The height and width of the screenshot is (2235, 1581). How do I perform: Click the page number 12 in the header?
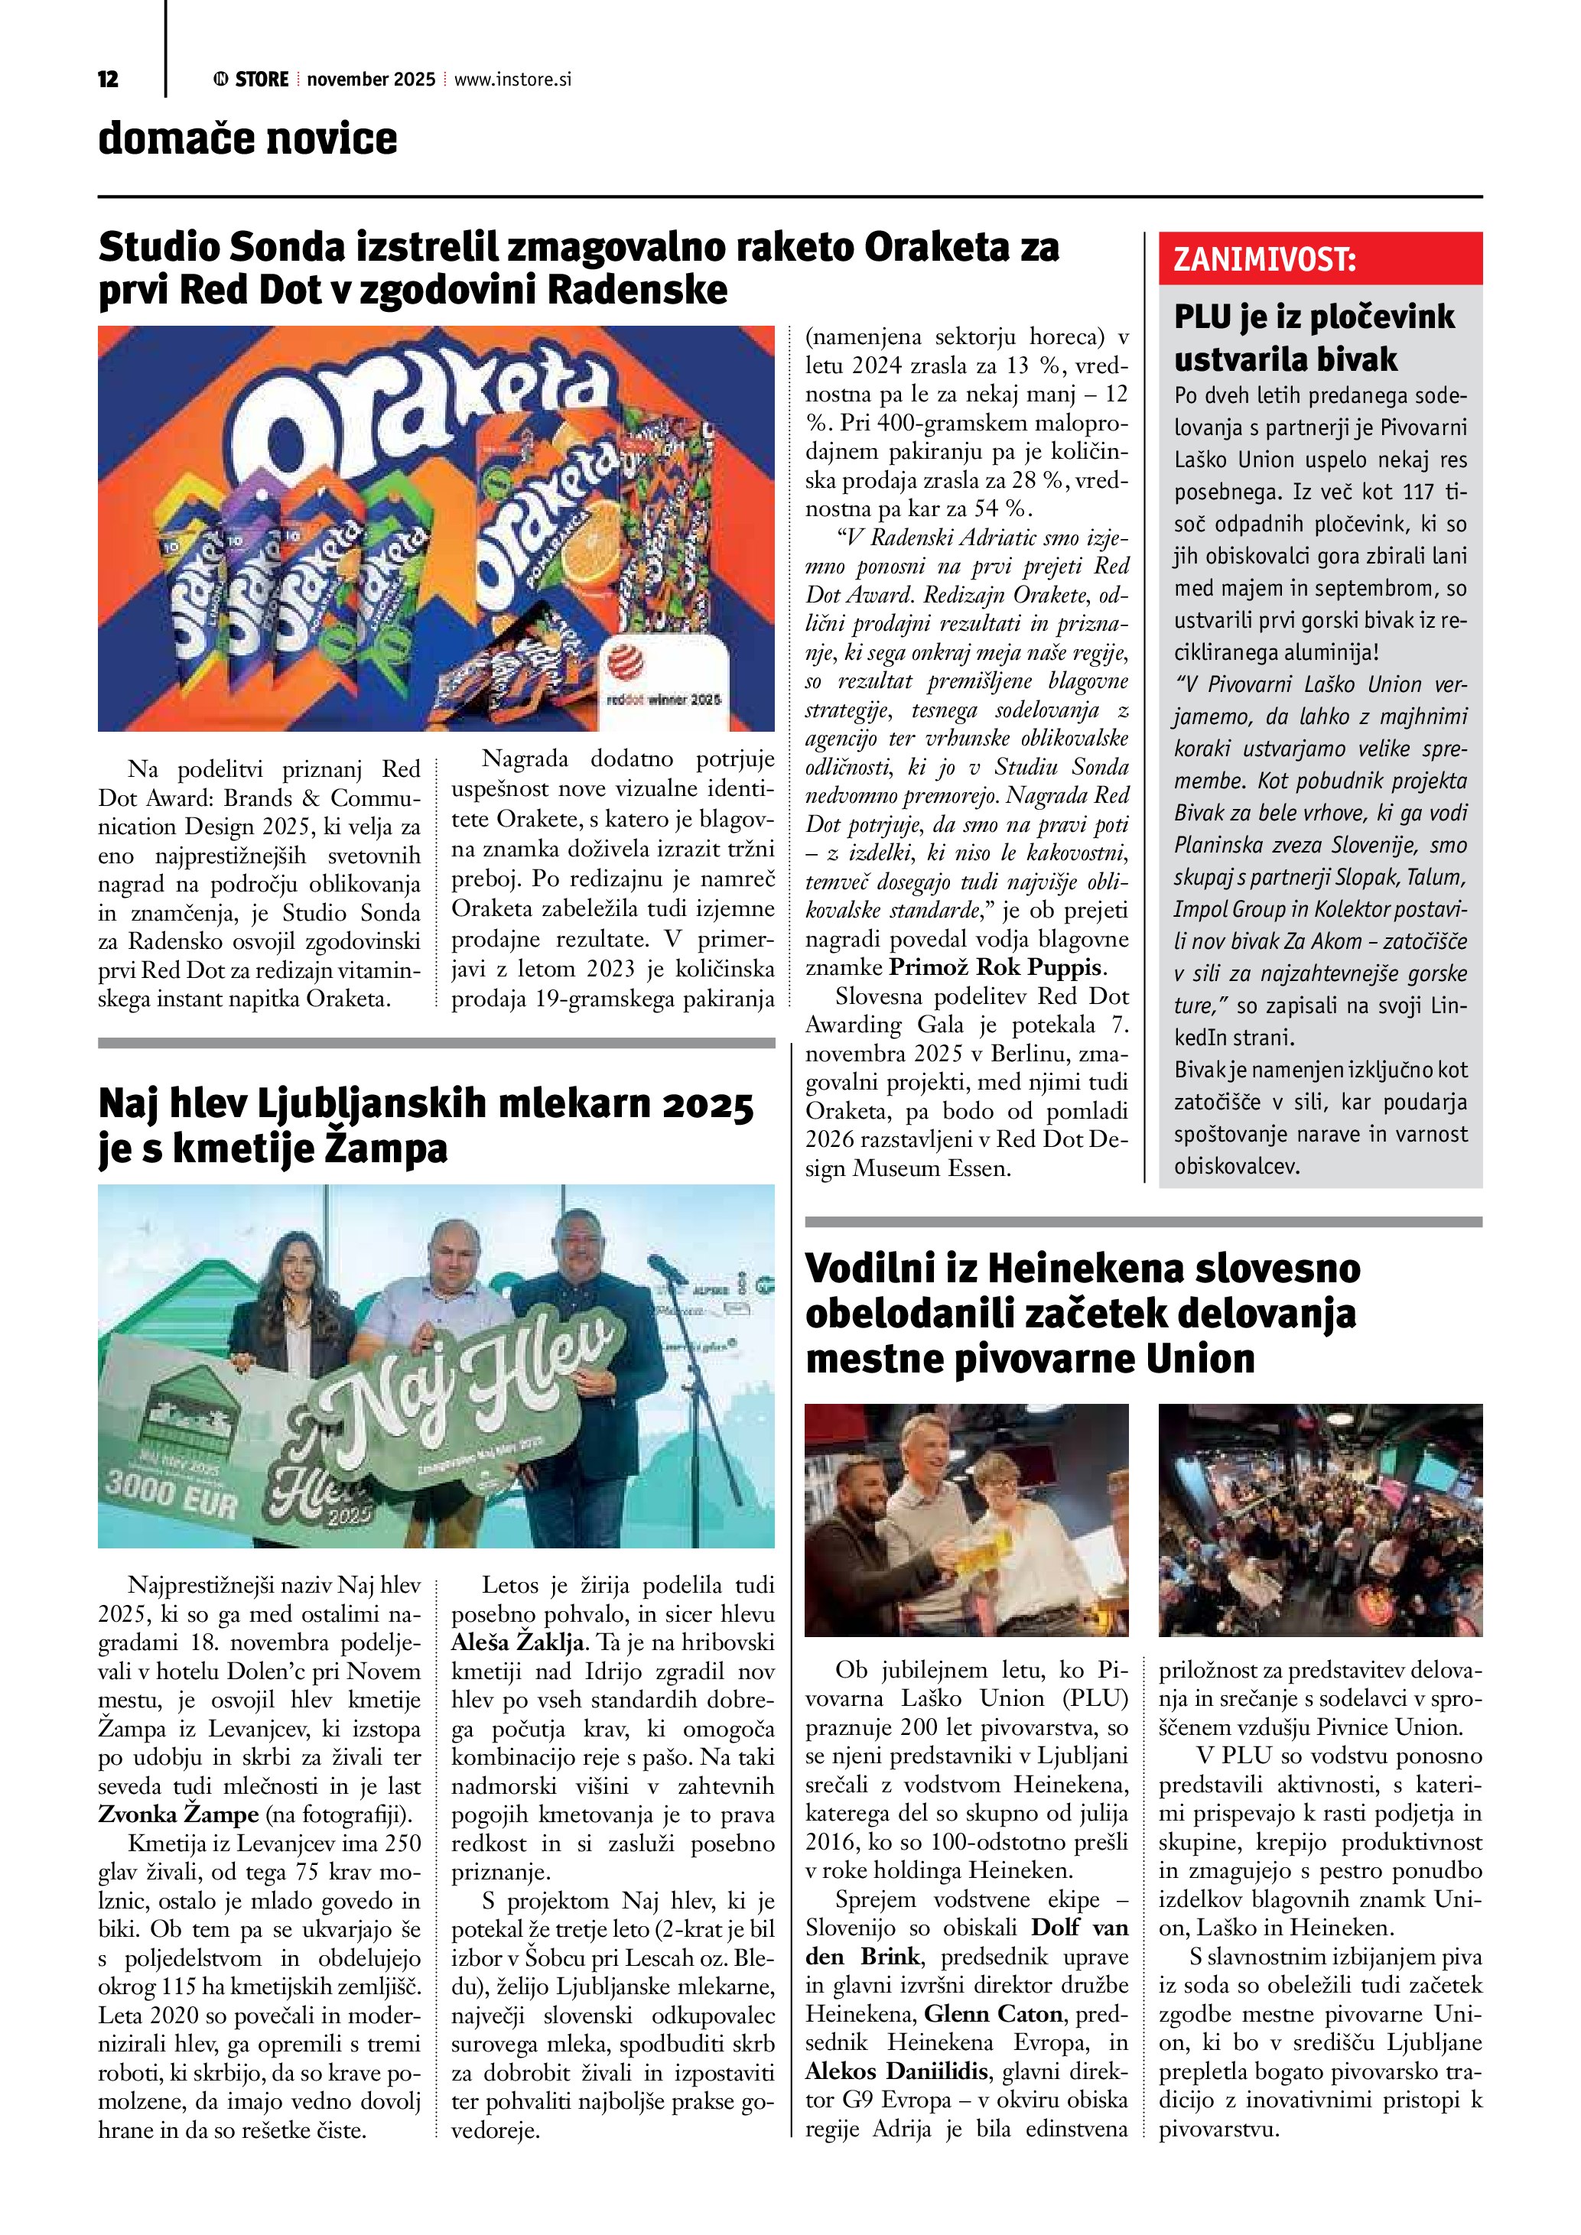click(108, 80)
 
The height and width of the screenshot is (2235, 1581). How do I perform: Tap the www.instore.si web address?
click(512, 80)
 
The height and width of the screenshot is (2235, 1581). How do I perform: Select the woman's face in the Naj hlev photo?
click(296, 1265)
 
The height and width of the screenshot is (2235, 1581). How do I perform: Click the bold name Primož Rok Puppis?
click(997, 967)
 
